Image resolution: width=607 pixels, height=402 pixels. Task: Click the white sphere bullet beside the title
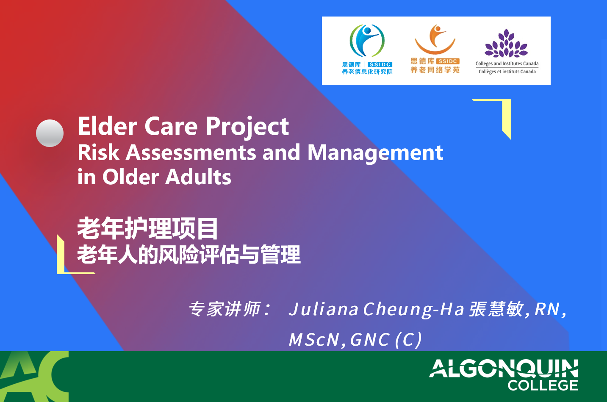click(x=50, y=133)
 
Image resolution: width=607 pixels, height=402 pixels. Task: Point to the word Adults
click(x=198, y=177)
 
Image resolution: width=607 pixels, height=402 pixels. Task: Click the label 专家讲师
click(x=225, y=309)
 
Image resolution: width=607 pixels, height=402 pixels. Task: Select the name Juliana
click(x=323, y=309)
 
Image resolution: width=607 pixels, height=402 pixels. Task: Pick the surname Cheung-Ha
click(x=413, y=310)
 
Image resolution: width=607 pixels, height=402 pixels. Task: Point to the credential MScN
click(x=314, y=340)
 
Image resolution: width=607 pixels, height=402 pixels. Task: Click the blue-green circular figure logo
click(x=367, y=40)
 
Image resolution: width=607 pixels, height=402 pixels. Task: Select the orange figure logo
click(x=435, y=39)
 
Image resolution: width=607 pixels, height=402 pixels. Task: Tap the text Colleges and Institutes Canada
click(x=507, y=64)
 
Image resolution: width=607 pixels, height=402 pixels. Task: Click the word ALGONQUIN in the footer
click(x=504, y=369)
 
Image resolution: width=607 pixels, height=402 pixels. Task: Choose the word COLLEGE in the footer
click(x=543, y=385)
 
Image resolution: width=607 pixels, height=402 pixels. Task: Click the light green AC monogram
click(x=34, y=377)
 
